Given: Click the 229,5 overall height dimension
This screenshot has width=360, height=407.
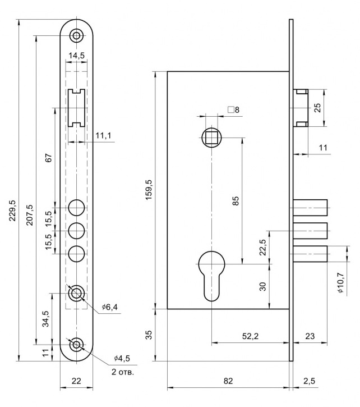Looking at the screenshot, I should (13, 211).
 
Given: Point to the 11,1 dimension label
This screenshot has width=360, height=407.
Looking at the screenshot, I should (103, 135).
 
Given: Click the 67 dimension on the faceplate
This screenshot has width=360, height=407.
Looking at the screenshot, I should (48, 159).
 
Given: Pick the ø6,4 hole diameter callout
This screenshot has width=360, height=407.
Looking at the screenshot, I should (111, 307).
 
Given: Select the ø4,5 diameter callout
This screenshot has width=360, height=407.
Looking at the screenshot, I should (122, 359).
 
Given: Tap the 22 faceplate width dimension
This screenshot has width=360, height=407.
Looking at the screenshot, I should (76, 381).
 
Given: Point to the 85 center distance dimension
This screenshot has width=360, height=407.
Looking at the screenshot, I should (236, 200).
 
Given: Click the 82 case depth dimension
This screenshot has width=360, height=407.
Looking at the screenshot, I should (228, 381).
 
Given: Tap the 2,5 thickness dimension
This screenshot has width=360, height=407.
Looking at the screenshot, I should (308, 381).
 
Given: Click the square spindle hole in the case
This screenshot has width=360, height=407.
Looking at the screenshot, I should (211, 136).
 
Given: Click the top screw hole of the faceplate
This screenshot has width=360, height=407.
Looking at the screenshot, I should (76, 36).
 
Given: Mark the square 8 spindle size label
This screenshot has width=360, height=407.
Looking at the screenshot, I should (233, 109).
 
